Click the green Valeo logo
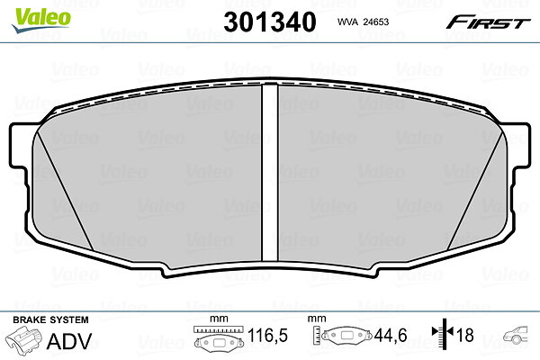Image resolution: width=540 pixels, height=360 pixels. click(x=41, y=20)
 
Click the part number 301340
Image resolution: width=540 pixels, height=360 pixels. click(x=270, y=22)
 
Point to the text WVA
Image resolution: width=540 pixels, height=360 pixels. click(x=347, y=22)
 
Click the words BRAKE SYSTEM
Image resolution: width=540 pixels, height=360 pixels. click(x=50, y=319)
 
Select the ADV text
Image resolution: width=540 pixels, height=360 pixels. click(x=69, y=341)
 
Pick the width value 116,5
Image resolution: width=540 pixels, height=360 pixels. click(x=267, y=335)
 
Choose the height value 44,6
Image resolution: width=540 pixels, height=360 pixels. click(x=391, y=335)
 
